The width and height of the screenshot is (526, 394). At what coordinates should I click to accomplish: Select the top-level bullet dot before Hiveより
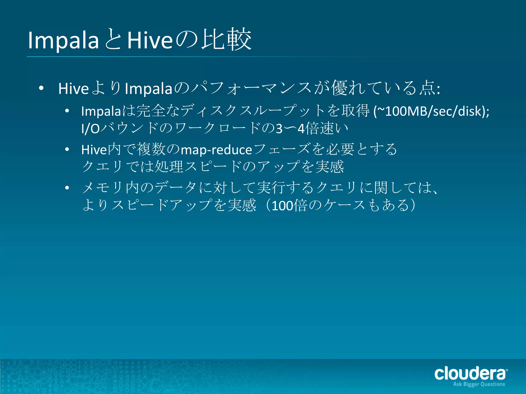[x=41, y=88]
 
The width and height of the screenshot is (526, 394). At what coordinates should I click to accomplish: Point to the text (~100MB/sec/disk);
[x=431, y=111]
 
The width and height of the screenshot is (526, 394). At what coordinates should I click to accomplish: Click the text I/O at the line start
[x=90, y=129]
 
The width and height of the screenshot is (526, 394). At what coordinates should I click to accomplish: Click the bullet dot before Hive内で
[x=67, y=149]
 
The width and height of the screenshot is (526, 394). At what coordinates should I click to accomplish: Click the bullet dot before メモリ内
[x=67, y=188]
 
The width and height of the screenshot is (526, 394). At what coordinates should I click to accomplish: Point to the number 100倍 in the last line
[x=289, y=205]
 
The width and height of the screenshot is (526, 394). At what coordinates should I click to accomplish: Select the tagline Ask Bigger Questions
[x=479, y=384]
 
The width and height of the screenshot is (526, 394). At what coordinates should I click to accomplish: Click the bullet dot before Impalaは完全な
[x=67, y=111]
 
